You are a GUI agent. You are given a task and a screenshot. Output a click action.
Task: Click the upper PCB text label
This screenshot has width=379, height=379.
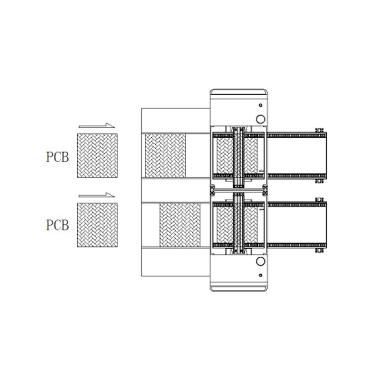tap(58, 157)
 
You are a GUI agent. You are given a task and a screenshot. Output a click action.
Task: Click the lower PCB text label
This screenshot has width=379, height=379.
tap(58, 225)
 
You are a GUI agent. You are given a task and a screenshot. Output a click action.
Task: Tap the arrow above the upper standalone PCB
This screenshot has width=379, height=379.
tap(97, 126)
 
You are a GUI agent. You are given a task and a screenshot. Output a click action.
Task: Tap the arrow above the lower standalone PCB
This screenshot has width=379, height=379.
tap(97, 195)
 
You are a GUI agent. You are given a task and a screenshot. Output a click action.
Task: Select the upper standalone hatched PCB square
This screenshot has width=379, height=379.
tap(97, 156)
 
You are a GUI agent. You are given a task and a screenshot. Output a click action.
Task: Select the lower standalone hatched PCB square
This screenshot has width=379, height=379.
tap(97, 225)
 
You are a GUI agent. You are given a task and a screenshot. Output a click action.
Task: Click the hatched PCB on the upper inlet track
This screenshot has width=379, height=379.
tap(165, 156)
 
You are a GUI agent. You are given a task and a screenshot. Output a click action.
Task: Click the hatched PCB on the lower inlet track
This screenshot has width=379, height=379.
tap(180, 225)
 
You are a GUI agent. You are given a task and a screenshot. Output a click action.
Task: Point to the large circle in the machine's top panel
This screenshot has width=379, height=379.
tap(261, 119)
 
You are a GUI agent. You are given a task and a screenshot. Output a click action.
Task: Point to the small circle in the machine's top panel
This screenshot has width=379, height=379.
tap(261, 105)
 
